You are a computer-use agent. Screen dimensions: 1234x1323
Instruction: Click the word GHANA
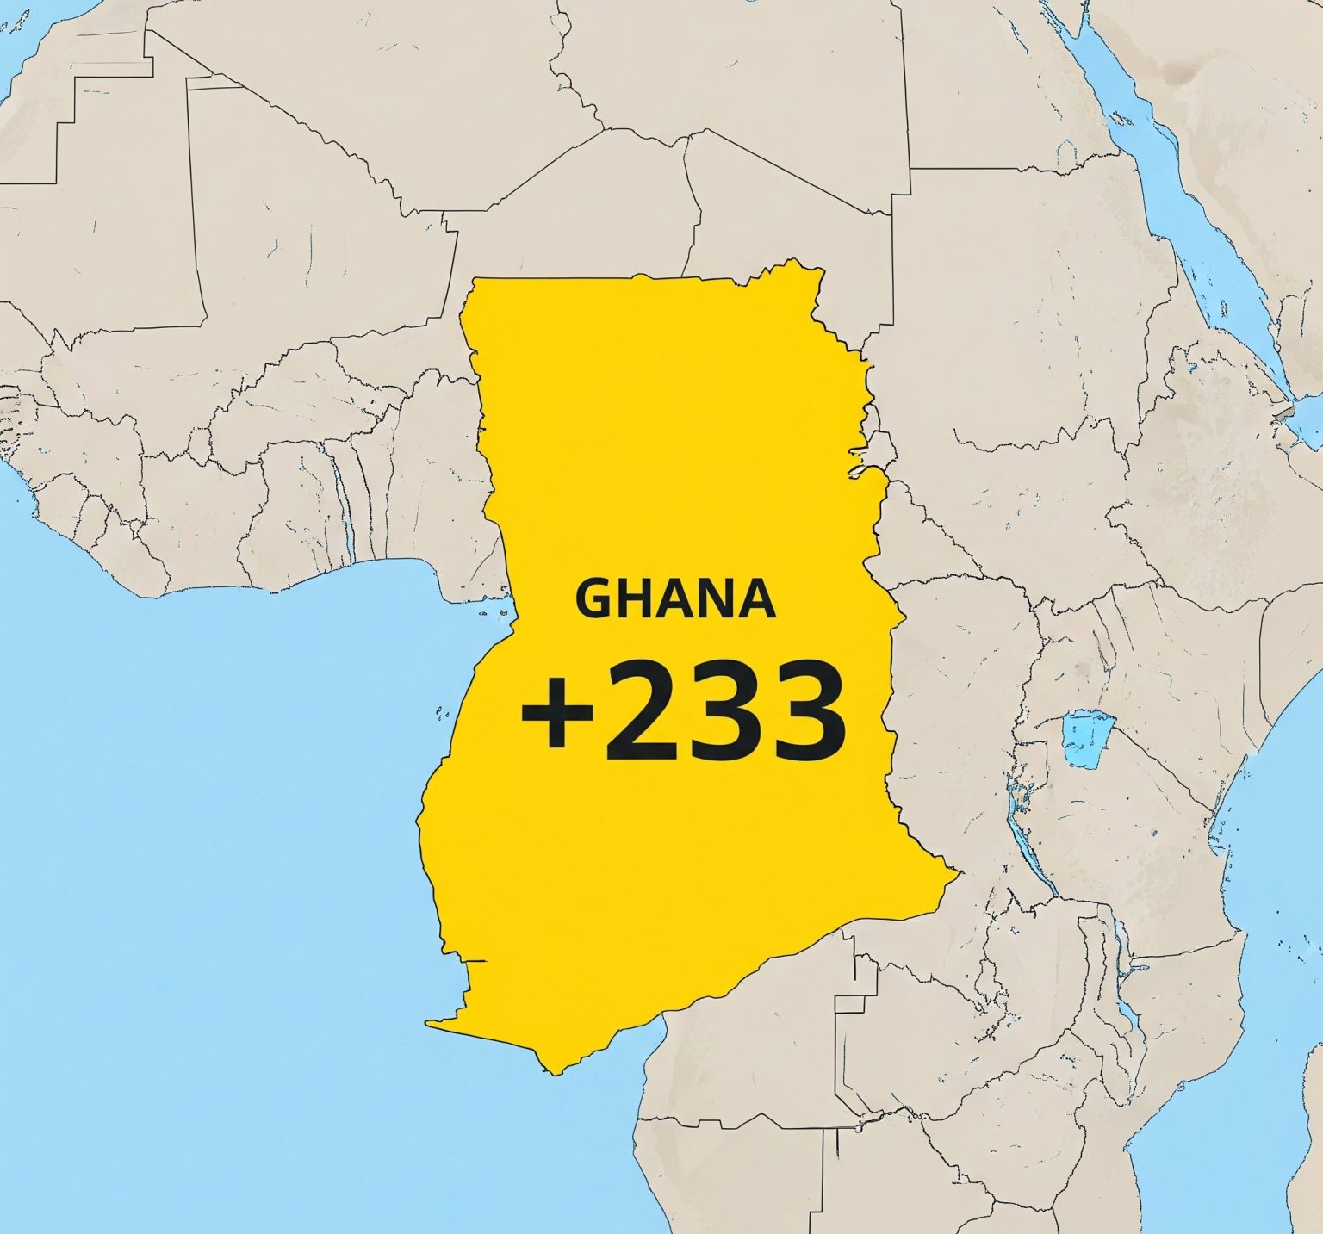(x=675, y=597)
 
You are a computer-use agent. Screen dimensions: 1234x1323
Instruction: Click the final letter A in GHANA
(x=758, y=597)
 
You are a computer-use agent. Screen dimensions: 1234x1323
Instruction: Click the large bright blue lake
(x=1087, y=739)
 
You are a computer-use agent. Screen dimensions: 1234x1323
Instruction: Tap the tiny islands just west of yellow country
(x=443, y=713)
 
